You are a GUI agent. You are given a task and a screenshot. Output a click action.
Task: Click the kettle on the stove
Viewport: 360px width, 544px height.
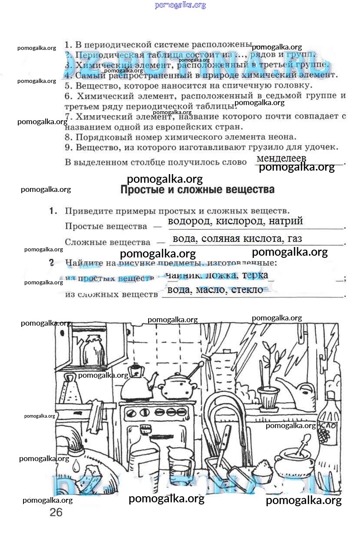135,385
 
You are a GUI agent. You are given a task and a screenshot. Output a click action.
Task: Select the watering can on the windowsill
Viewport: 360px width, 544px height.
300,392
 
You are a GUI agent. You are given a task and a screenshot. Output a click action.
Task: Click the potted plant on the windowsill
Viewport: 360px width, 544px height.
269,382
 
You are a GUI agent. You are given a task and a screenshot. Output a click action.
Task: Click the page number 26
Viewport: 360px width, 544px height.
56,512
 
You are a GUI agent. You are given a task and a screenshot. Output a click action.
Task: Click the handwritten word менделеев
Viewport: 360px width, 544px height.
281,158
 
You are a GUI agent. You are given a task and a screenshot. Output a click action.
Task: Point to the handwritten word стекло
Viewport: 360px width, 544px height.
247,290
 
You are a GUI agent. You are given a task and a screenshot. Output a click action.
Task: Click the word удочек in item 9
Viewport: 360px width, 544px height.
321,148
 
